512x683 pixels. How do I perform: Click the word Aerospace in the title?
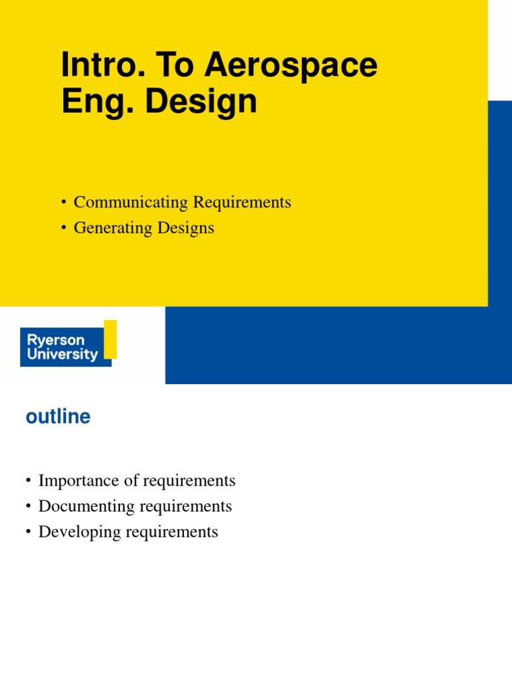[291, 67]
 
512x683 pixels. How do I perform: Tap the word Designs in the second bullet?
[186, 228]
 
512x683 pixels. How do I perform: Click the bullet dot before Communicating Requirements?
[63, 203]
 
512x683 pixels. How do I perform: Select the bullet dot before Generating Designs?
[63, 229]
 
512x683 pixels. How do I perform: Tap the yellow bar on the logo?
[111, 339]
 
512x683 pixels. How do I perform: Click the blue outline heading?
[57, 417]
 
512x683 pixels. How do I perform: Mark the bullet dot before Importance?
[28, 482]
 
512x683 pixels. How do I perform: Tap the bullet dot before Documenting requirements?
[28, 507]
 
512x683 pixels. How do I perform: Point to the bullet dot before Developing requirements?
[28, 533]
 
